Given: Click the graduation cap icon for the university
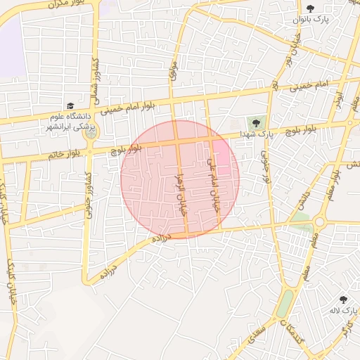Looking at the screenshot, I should [x=70, y=105].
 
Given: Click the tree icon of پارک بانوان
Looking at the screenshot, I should [x=310, y=8].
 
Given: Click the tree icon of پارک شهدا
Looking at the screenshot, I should [x=256, y=123].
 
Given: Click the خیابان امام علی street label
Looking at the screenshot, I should [x=210, y=179].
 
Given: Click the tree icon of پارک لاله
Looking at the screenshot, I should [x=344, y=300].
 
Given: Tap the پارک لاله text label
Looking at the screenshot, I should [x=345, y=309].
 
